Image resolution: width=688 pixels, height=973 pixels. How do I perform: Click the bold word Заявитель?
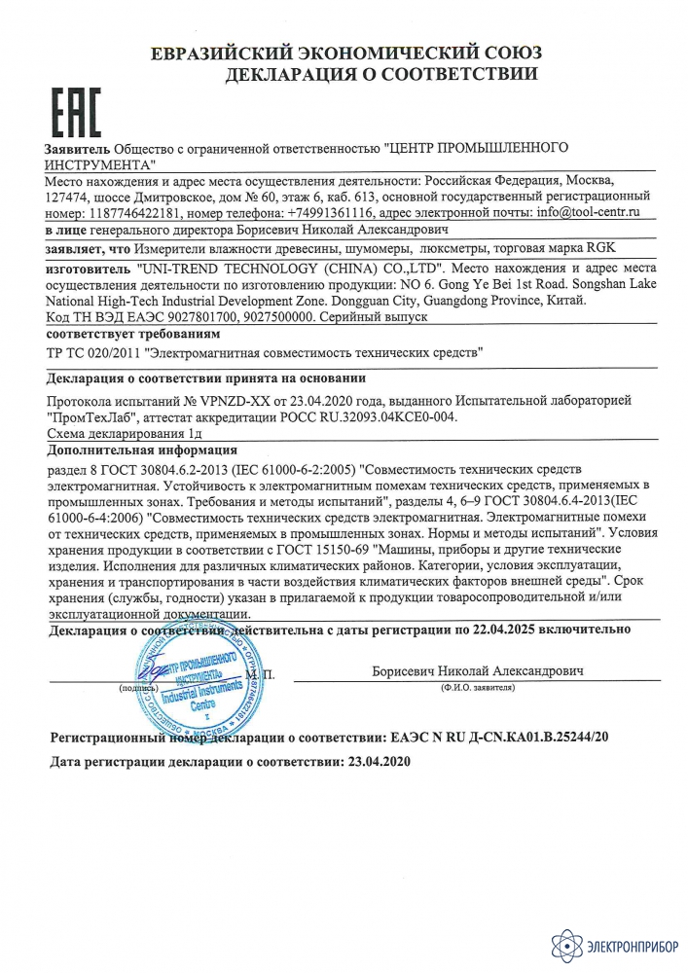click(x=78, y=150)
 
